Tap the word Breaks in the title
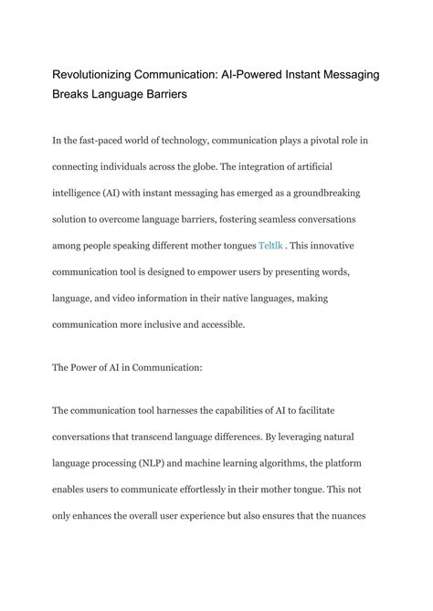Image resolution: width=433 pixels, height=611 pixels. [75, 94]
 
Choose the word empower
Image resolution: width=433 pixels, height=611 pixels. [242, 273]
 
